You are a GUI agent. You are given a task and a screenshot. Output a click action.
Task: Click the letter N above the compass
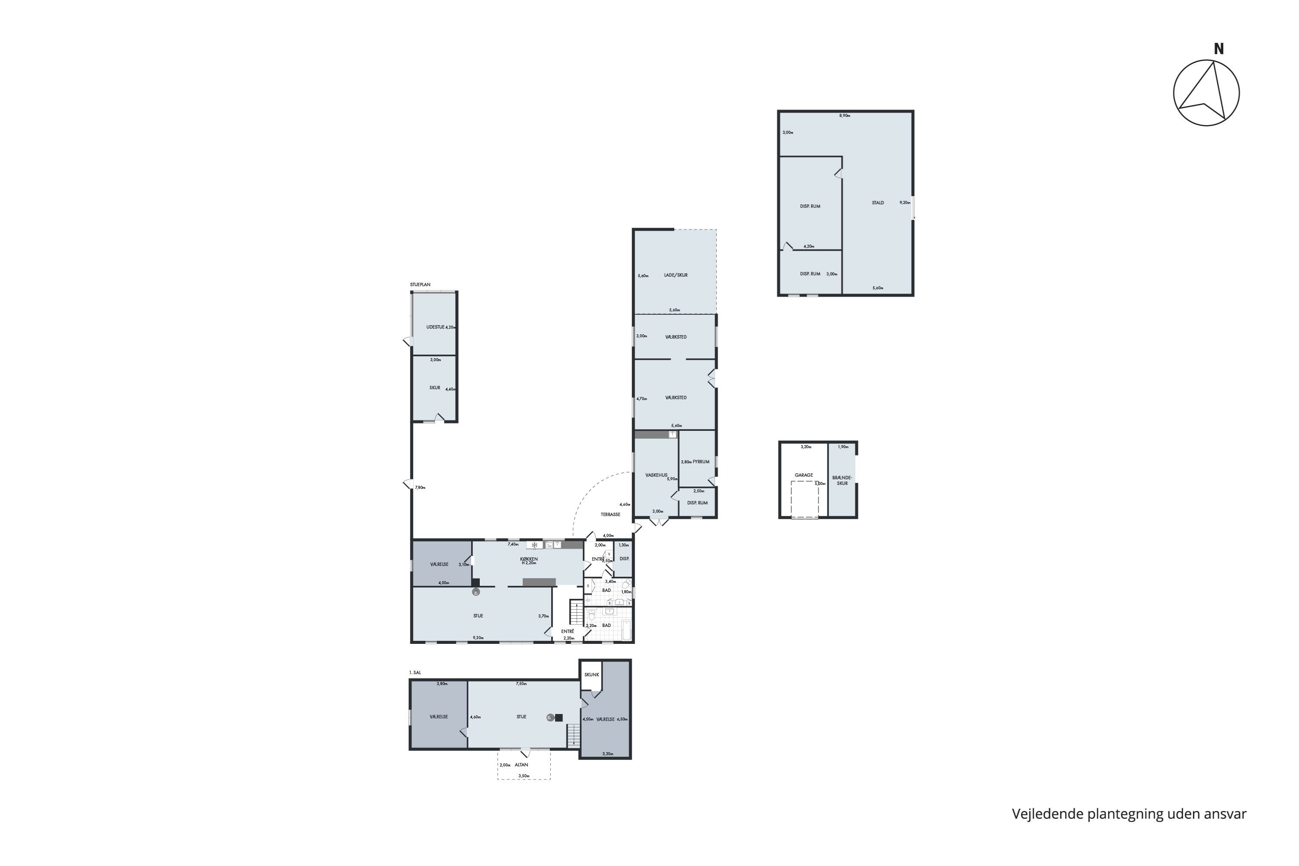(x=1218, y=49)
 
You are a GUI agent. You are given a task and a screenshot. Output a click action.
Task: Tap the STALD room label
(x=878, y=203)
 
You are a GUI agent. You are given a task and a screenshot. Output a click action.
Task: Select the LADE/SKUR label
(x=675, y=275)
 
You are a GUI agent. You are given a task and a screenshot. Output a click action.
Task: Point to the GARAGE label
(x=804, y=475)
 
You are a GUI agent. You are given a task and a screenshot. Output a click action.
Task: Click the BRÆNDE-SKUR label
(x=842, y=481)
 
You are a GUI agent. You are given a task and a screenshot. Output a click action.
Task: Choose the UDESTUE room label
(x=435, y=327)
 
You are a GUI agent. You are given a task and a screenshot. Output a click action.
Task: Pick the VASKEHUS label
(x=656, y=475)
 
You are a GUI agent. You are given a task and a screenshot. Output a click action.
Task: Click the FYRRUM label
(x=701, y=462)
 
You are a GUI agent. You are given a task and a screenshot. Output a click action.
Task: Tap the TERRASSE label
(x=610, y=514)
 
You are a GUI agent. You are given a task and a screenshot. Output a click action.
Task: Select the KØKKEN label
(x=529, y=559)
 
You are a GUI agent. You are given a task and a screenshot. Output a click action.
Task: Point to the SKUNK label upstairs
(x=591, y=674)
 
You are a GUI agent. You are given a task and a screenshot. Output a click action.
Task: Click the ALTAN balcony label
(x=521, y=765)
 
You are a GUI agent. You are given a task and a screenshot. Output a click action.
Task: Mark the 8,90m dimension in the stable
(x=844, y=116)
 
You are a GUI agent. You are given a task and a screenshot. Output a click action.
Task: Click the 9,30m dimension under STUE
(x=478, y=638)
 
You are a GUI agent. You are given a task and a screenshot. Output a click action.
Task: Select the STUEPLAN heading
(x=420, y=284)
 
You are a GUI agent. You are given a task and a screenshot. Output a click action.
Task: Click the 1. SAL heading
(x=415, y=673)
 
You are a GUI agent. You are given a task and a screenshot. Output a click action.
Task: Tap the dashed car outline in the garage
(x=804, y=499)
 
